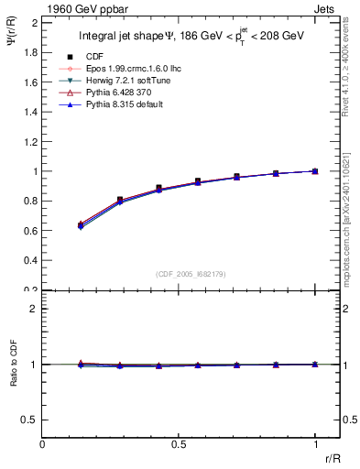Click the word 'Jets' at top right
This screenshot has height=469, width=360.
327,8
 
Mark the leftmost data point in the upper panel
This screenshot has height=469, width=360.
81,224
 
